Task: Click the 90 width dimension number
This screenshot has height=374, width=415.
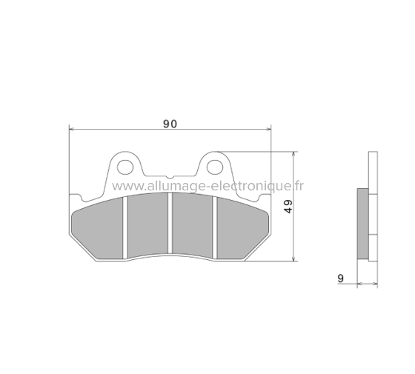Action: pyautogui.click(x=170, y=124)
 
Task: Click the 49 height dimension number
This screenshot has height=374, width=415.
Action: pyautogui.click(x=289, y=207)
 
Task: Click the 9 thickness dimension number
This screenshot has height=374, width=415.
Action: pyautogui.click(x=340, y=278)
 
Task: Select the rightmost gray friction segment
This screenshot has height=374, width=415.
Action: pyautogui.click(x=241, y=226)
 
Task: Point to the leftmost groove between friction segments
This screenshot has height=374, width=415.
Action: pyautogui.click(x=126, y=226)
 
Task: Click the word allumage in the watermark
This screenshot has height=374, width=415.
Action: pyautogui.click(x=171, y=186)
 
